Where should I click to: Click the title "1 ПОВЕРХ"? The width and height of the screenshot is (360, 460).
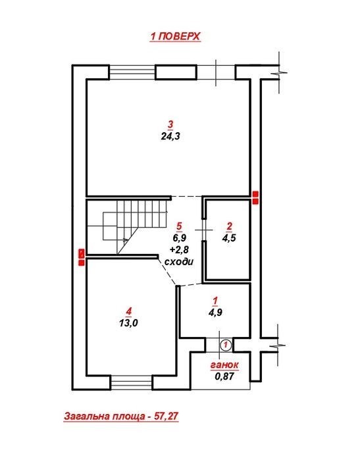pyautogui.click(x=175, y=36)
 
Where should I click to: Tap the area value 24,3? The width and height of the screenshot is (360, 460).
pyautogui.click(x=170, y=136)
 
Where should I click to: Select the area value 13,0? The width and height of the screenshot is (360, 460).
pyautogui.click(x=128, y=323)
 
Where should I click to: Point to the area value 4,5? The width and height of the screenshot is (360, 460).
pyautogui.click(x=229, y=238)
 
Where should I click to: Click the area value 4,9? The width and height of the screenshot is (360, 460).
pyautogui.click(x=215, y=313)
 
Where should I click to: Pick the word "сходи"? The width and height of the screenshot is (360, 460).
pyautogui.click(x=179, y=262)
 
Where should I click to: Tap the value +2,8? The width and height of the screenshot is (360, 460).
pyautogui.click(x=179, y=249)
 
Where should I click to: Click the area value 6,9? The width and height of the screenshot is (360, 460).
pyautogui.click(x=179, y=238)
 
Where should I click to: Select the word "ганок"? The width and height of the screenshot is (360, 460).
pyautogui.click(x=224, y=365)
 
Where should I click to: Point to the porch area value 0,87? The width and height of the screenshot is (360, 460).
pyautogui.click(x=224, y=376)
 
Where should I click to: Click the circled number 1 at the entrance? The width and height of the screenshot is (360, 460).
pyautogui.click(x=226, y=345)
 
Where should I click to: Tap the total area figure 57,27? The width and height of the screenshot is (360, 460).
pyautogui.click(x=167, y=416)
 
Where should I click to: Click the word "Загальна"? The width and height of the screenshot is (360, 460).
pyautogui.click(x=84, y=416)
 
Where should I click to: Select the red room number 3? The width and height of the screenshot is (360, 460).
pyautogui.click(x=170, y=124)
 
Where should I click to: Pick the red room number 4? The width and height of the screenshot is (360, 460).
pyautogui.click(x=128, y=311)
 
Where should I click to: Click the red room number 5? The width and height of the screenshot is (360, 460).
pyautogui.click(x=179, y=226)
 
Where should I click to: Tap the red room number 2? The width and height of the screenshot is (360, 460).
pyautogui.click(x=230, y=226)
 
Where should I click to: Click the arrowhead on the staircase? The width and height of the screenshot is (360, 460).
pyautogui.click(x=126, y=240)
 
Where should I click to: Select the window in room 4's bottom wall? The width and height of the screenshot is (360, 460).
pyautogui.click(x=132, y=382)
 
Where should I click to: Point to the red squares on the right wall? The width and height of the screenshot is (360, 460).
pyautogui.click(x=255, y=197)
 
